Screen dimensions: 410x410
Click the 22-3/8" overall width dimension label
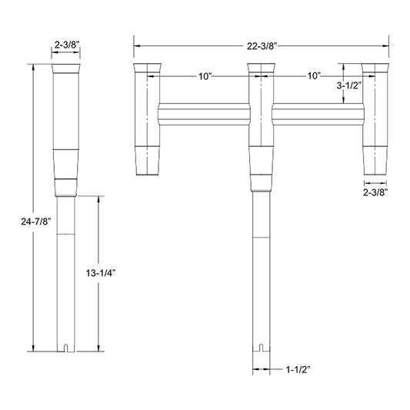[x=262, y=46]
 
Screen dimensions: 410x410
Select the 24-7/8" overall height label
[x=35, y=222]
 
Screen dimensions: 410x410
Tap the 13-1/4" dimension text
[x=101, y=273]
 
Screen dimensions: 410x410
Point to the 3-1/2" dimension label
[x=348, y=85]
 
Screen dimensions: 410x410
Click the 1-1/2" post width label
[x=298, y=369]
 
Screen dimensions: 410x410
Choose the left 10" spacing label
[x=205, y=76]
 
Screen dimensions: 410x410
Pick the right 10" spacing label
[x=314, y=76]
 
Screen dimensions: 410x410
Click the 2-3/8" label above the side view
[x=66, y=45]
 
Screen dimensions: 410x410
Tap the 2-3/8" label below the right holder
[x=375, y=192]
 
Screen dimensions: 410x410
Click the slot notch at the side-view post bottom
[x=66, y=348]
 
